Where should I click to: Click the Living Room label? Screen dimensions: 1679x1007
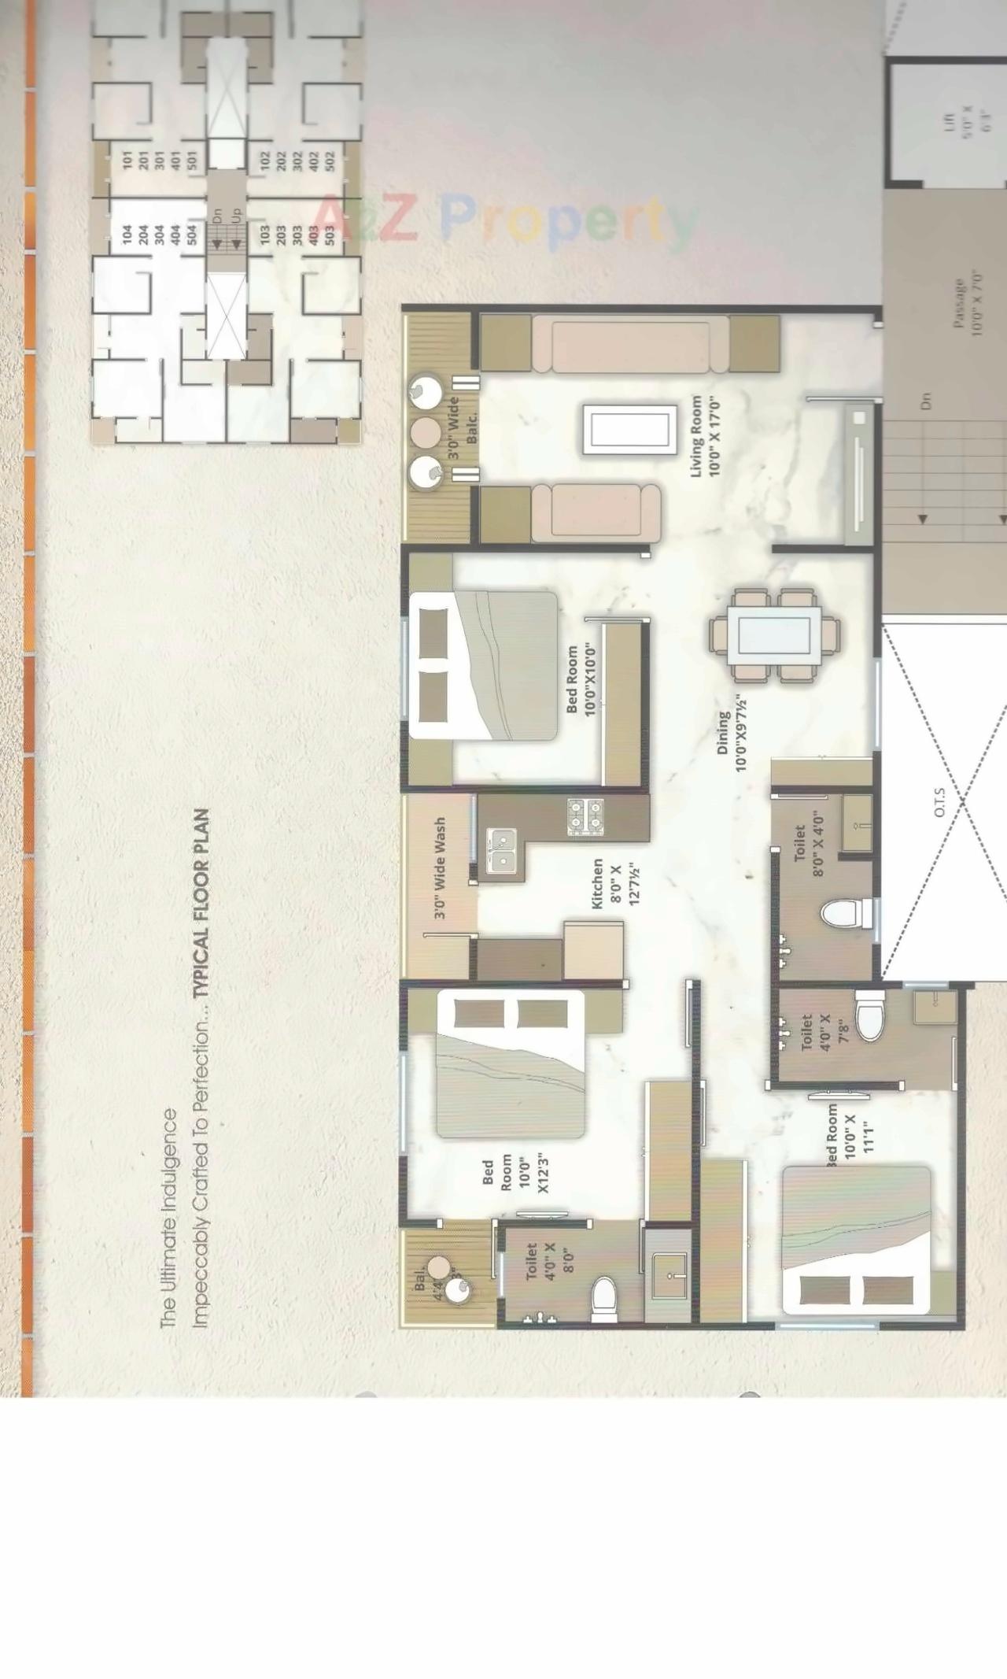tap(705, 436)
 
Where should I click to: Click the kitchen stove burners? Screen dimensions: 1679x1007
tap(585, 817)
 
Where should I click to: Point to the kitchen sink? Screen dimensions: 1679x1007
tap(501, 850)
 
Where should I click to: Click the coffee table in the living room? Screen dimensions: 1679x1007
tap(629, 430)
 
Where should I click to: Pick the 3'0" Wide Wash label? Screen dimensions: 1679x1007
tap(440, 867)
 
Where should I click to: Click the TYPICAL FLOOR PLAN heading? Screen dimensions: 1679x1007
tap(202, 903)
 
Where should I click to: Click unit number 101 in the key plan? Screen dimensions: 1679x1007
tap(128, 161)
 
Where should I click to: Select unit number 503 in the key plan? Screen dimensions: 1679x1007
tap(330, 234)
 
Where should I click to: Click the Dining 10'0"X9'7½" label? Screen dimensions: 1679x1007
tap(732, 734)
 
